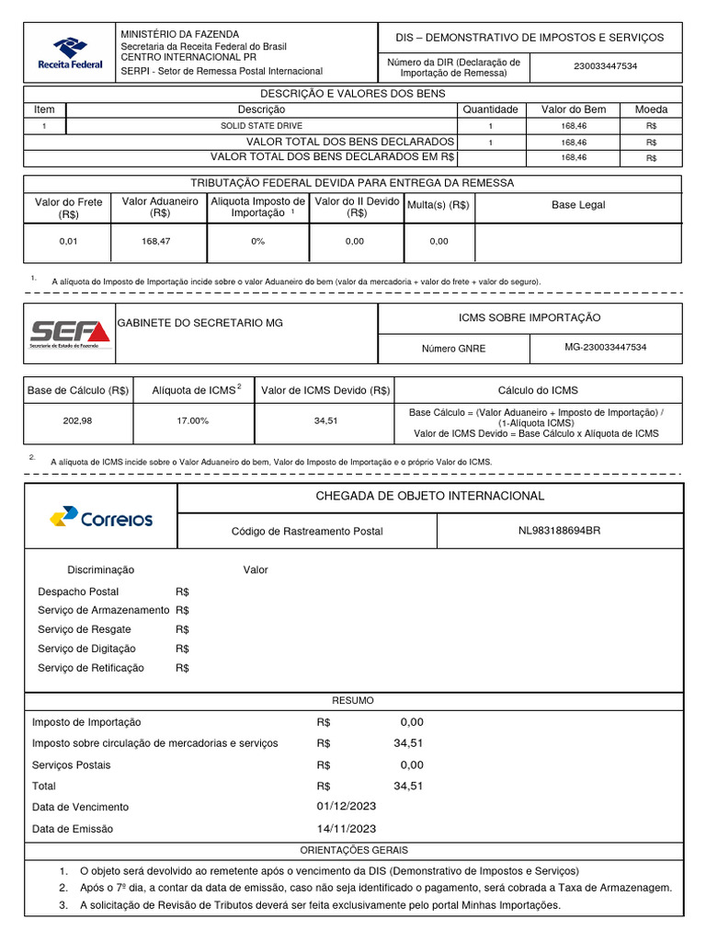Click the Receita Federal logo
tap(70, 52)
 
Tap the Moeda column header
tap(651, 109)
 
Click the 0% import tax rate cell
tap(257, 241)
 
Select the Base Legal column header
tap(578, 205)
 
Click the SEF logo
tap(70, 332)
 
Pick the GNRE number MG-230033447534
tap(605, 348)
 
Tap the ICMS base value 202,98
tap(77, 420)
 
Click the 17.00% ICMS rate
tap(193, 420)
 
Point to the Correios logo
tap(101, 518)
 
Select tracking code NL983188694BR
tap(559, 531)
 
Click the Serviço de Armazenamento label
tap(103, 610)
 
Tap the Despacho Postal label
tap(78, 592)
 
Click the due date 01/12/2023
tap(346, 807)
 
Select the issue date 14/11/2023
tap(346, 828)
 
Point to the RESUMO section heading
tap(353, 701)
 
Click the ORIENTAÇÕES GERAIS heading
tap(354, 850)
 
